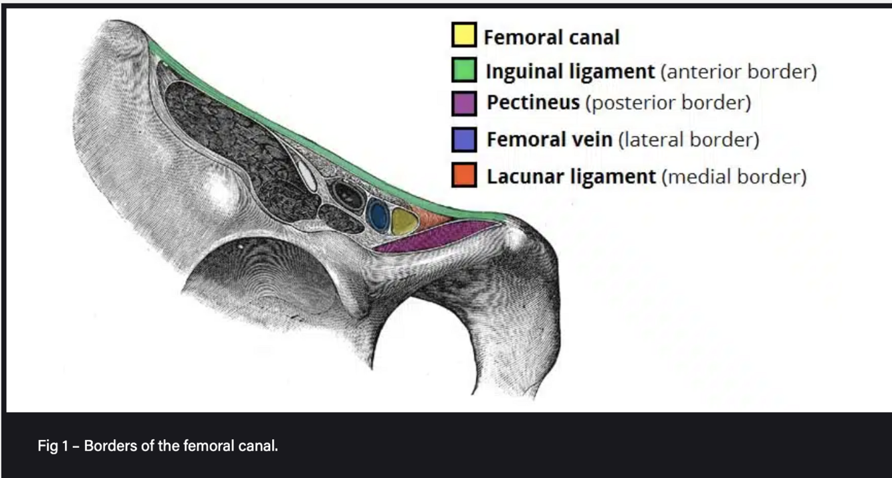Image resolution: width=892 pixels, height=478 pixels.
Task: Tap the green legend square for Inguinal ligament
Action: tap(463, 70)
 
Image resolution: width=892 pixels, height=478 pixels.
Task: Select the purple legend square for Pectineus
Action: tap(463, 104)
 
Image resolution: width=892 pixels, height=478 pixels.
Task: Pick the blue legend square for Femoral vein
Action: tap(463, 139)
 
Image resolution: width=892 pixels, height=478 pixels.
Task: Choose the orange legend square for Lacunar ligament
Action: tap(463, 175)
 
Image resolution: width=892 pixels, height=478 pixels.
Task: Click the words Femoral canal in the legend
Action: tap(552, 37)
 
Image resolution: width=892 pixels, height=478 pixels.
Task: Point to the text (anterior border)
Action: tap(738, 71)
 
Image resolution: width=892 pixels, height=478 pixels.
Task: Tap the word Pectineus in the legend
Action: tap(533, 104)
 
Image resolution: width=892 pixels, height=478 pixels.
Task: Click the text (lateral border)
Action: tap(689, 140)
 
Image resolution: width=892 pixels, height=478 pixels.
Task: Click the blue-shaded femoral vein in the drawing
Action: tap(378, 216)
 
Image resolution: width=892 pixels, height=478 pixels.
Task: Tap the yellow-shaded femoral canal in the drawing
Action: tap(403, 221)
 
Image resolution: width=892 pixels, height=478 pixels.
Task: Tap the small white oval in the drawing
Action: tap(307, 173)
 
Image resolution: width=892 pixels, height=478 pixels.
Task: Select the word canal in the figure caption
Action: tap(260, 446)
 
